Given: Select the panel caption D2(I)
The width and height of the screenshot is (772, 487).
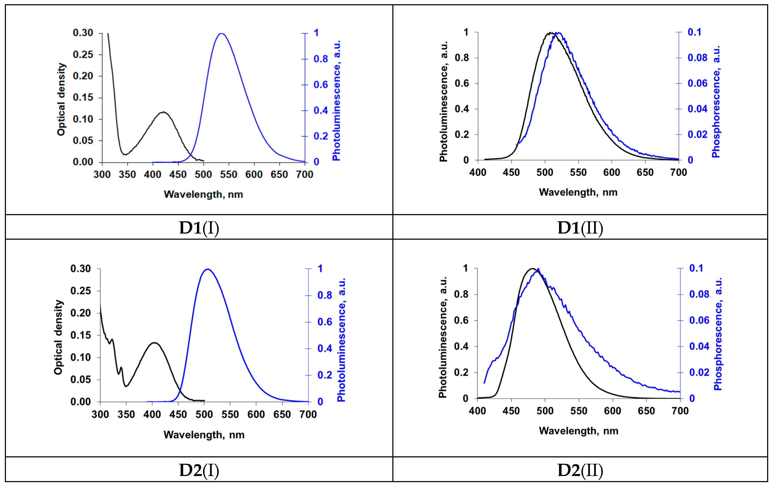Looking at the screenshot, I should click(199, 470).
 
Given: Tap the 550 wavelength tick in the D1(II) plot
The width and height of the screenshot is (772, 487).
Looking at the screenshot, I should click(578, 172).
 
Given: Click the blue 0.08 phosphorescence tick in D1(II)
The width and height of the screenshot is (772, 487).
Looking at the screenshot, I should click(697, 58).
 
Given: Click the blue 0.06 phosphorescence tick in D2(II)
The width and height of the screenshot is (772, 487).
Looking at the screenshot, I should click(699, 320).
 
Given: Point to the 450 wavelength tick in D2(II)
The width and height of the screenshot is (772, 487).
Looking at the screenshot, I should click(511, 411).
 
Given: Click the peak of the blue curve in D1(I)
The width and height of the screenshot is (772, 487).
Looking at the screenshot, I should click(221, 33).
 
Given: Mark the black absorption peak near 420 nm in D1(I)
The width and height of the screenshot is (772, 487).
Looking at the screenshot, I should click(163, 112).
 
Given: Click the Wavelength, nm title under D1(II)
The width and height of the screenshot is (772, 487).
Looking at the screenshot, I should click(578, 192).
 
